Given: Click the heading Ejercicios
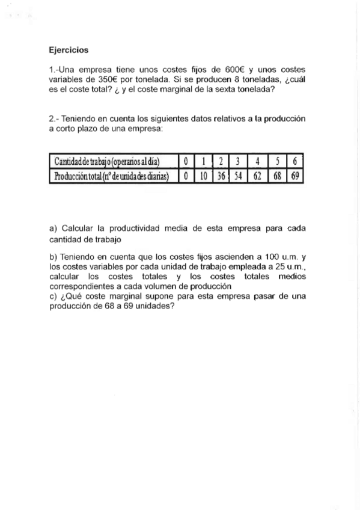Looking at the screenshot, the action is click(69, 51).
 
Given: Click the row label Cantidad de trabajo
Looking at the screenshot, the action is click(106, 161).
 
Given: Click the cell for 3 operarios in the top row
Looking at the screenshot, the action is click(239, 161).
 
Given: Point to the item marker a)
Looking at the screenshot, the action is click(53, 229).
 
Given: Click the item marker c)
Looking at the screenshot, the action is click(53, 296).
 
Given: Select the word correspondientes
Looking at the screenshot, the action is click(80, 286).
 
